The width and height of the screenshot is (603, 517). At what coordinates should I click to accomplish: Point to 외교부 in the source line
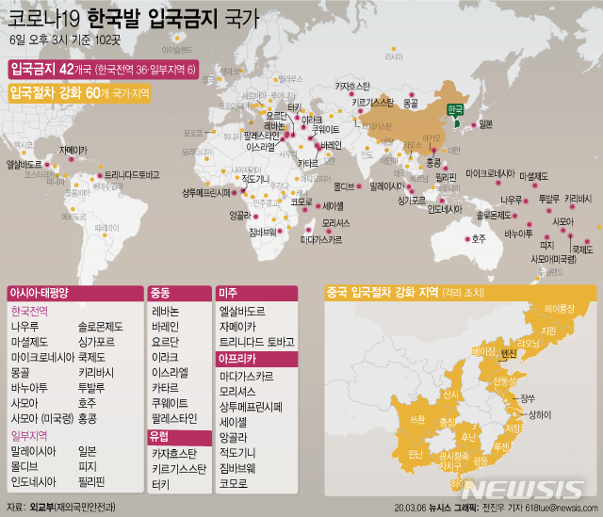[x=41, y=507]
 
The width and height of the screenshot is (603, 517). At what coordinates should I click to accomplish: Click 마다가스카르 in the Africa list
[x=255, y=375]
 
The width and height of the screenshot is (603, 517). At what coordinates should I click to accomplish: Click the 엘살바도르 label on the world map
[x=24, y=165]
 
